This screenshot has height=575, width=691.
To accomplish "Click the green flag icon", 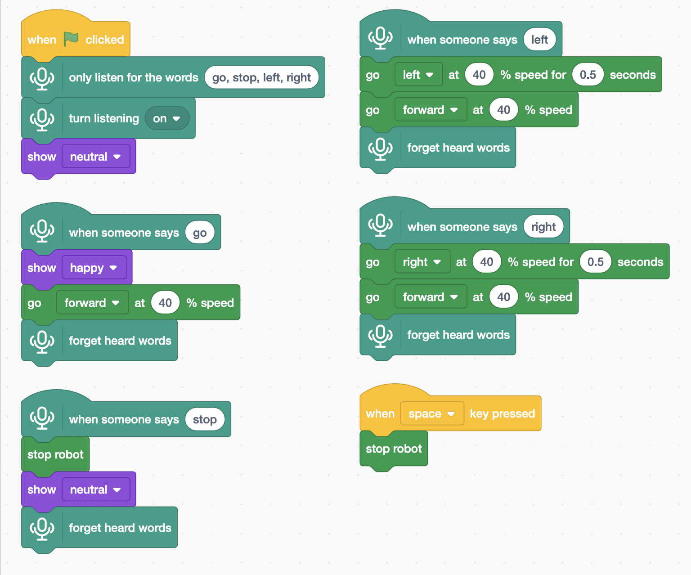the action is (x=71, y=39).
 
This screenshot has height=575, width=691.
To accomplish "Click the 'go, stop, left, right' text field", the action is (x=261, y=77).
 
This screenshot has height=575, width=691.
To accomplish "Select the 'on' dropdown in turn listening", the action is (x=167, y=118).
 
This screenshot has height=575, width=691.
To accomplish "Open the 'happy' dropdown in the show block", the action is (x=94, y=267).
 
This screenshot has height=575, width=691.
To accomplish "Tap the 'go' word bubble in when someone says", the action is (x=200, y=232).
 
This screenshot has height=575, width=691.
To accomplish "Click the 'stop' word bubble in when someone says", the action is (x=205, y=419).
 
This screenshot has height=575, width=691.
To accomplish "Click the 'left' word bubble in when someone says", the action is (x=539, y=40).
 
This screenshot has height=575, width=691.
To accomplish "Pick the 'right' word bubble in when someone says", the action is (x=543, y=227).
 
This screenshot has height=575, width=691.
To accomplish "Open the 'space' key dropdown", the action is (x=432, y=413).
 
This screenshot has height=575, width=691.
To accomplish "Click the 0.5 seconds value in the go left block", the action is (x=588, y=75).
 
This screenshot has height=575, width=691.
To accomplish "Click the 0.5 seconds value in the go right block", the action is (x=595, y=262).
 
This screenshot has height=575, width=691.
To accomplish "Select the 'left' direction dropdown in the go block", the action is (x=419, y=75).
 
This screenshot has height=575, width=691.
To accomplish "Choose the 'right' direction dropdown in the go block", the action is (x=422, y=262).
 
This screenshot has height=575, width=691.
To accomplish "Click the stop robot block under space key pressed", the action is (x=394, y=449).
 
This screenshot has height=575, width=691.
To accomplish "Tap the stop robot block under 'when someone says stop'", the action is (x=55, y=454).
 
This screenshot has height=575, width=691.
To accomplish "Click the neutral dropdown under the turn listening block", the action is (x=96, y=156).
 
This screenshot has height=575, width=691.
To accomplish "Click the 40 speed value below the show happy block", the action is (x=165, y=302).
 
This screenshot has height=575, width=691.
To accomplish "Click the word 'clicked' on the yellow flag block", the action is (x=104, y=40).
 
